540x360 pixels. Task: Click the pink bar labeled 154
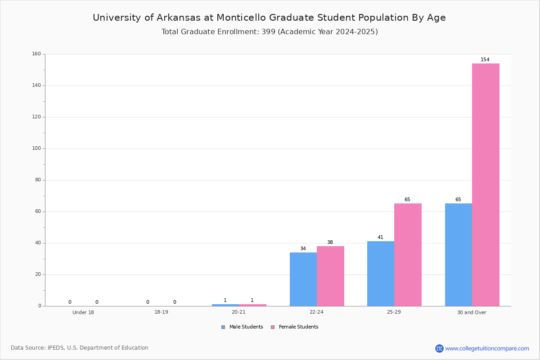pos(486,184)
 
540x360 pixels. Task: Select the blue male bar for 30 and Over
pos(459,255)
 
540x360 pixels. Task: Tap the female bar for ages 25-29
pos(408,255)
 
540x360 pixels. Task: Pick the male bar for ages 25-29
pos(381,274)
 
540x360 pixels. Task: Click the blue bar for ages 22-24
pos(303,279)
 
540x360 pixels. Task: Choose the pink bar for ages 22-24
pos(330,276)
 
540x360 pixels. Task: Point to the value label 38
pos(330,242)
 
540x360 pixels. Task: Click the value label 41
pos(380,237)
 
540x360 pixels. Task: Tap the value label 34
pos(303,248)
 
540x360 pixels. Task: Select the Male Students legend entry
pos(242,327)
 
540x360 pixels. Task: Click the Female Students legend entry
pos(295,327)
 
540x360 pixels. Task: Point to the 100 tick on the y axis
pos(36,148)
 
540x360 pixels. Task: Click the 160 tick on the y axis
pos(36,54)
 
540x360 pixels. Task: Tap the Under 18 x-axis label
pos(83,312)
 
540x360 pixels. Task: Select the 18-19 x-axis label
pos(161,312)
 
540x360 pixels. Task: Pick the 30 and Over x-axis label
pos(472,312)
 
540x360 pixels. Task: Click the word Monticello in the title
pos(241,18)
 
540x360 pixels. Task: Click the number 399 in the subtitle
pos(268,32)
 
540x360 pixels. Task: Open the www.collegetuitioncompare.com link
pos(487,348)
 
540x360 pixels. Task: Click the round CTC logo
pos(439,348)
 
